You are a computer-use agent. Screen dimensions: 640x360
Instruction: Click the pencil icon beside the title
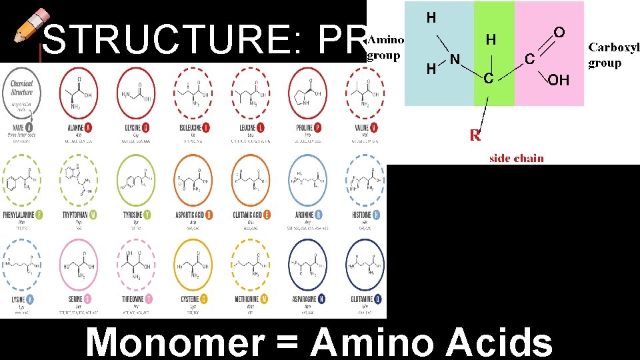point(29,26)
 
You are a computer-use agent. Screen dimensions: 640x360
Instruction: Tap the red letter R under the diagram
point(475,136)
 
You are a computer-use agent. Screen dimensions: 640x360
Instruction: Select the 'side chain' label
point(517,158)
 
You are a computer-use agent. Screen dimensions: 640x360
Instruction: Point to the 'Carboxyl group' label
point(613,55)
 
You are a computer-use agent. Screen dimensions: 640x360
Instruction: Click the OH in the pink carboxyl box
point(559,80)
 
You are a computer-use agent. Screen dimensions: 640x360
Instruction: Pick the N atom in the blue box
point(455,60)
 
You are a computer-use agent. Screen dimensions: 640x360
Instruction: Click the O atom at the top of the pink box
point(559,32)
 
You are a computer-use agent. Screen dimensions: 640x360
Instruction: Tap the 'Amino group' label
point(385,47)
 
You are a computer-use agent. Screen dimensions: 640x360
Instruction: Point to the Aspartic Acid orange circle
point(193,179)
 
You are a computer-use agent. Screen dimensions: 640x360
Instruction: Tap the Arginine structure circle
point(309,179)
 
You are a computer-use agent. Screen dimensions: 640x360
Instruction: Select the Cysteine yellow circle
point(193,265)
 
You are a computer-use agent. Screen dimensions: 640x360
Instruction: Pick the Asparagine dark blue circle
point(309,265)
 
